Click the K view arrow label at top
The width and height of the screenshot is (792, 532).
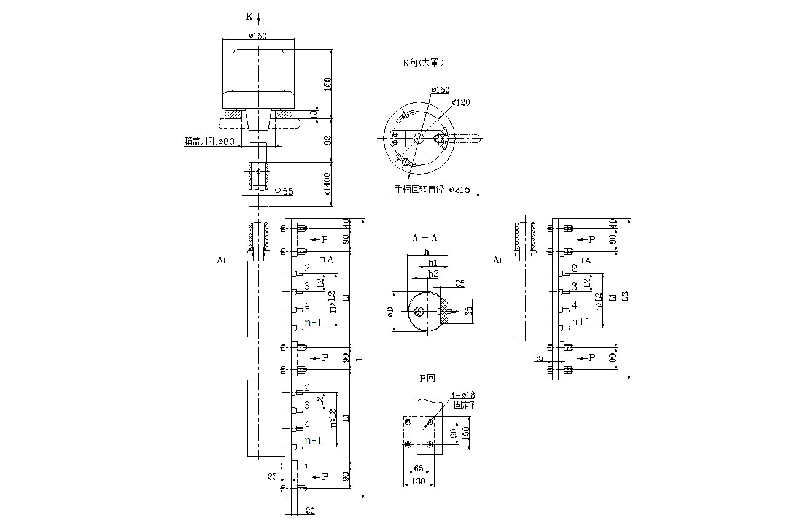point(250,17)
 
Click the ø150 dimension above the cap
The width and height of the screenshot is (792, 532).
point(257,36)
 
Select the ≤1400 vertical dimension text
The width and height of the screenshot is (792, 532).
point(327,182)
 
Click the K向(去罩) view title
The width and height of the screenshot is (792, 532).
point(423,63)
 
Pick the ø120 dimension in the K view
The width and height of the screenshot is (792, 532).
point(460,102)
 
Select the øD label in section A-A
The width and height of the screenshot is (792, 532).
point(389,312)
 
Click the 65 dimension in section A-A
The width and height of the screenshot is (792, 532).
point(470,309)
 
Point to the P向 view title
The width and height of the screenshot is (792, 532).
point(427,379)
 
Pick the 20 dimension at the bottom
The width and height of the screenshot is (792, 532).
point(309,511)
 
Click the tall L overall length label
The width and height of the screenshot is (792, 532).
point(360,358)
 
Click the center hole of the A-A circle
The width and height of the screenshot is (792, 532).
point(419,312)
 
